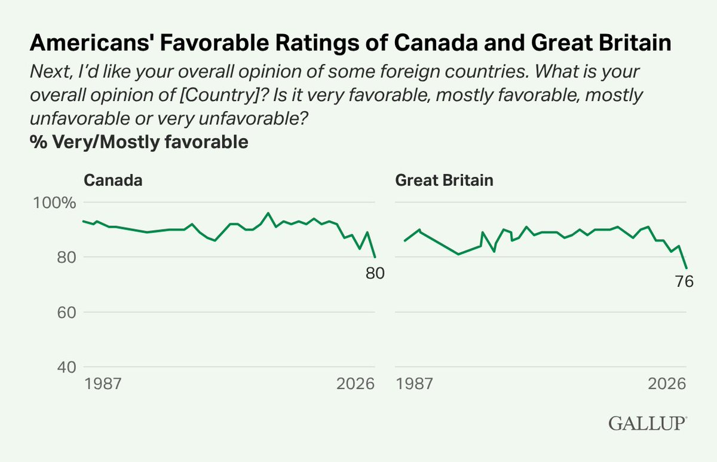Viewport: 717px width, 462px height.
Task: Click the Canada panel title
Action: (x=113, y=180)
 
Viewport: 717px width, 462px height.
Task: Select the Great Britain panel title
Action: (x=444, y=180)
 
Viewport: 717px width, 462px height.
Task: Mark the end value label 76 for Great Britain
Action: (x=684, y=282)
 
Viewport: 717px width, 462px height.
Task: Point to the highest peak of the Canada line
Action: (x=268, y=213)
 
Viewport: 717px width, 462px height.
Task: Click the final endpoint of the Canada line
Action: (x=375, y=257)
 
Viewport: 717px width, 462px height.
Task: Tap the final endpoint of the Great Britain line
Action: (x=687, y=268)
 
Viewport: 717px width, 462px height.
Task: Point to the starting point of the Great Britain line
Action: (x=405, y=241)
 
